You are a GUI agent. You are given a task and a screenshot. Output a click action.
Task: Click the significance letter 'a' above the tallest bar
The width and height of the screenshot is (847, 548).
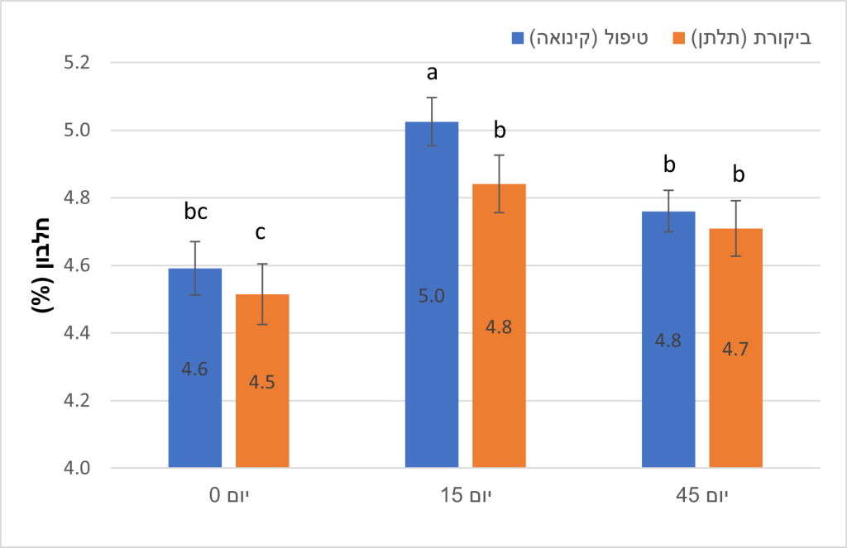click(x=431, y=74)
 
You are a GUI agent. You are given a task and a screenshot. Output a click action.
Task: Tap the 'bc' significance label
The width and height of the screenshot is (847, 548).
click(x=195, y=212)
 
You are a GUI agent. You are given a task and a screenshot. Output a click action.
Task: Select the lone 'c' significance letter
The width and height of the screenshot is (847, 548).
click(x=261, y=232)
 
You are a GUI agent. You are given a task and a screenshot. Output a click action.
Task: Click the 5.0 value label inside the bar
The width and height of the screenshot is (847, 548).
click(x=432, y=296)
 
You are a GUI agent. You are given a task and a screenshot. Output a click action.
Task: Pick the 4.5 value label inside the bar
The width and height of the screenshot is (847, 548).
click(x=262, y=382)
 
